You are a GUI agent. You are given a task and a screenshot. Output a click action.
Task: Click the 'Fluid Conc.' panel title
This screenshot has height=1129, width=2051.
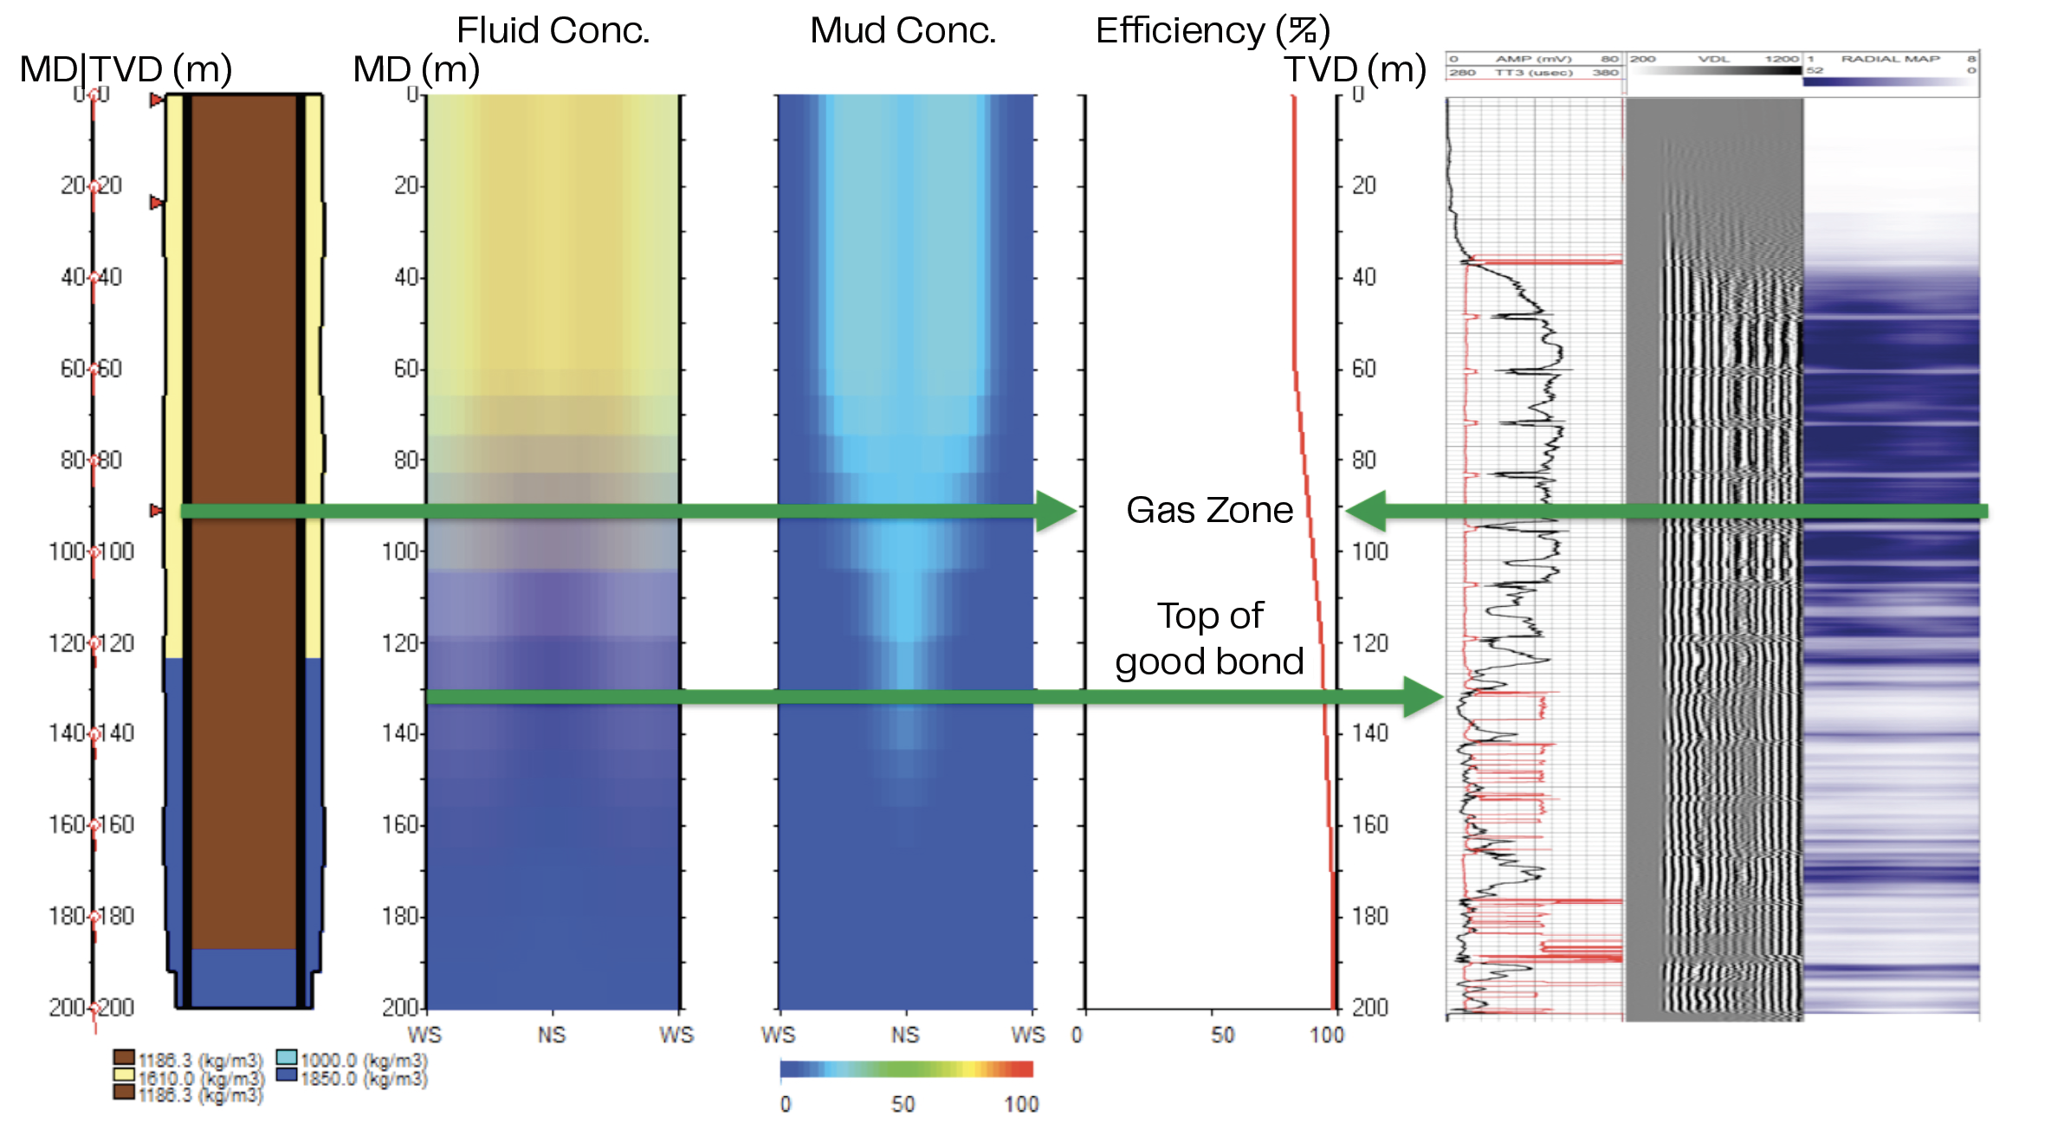553,30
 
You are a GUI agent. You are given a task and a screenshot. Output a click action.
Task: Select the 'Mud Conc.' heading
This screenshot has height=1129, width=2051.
903,30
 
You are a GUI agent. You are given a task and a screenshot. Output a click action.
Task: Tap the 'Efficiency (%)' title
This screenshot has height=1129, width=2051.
1212,30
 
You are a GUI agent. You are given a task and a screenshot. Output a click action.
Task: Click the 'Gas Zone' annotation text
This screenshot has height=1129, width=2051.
1209,510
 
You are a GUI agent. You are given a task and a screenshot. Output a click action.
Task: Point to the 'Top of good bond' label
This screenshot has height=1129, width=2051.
1209,639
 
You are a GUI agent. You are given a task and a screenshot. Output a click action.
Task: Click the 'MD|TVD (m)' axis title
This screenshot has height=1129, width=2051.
126,69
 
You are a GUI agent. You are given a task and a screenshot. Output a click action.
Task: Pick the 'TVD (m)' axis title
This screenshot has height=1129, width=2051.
1355,69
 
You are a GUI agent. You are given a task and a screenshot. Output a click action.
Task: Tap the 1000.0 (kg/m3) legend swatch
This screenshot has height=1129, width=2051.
287,1058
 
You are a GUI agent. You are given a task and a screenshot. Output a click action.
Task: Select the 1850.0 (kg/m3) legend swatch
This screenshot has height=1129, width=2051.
287,1075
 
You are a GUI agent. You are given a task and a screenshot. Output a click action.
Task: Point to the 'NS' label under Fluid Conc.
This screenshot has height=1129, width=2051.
552,1035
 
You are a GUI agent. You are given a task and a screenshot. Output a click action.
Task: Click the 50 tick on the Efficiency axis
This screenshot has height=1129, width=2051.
1222,1035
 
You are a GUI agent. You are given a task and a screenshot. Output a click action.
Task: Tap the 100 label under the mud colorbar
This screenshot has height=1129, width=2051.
1021,1104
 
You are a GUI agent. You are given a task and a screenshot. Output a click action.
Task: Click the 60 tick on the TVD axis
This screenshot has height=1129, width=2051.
1364,369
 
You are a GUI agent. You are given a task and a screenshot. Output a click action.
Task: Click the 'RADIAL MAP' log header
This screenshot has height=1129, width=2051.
1890,59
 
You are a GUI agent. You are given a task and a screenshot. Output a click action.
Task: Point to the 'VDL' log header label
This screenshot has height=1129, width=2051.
1713,59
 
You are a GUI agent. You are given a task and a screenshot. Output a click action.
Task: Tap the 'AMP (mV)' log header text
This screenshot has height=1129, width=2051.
1533,59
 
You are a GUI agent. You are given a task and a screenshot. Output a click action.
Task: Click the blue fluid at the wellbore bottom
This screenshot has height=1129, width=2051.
243,978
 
